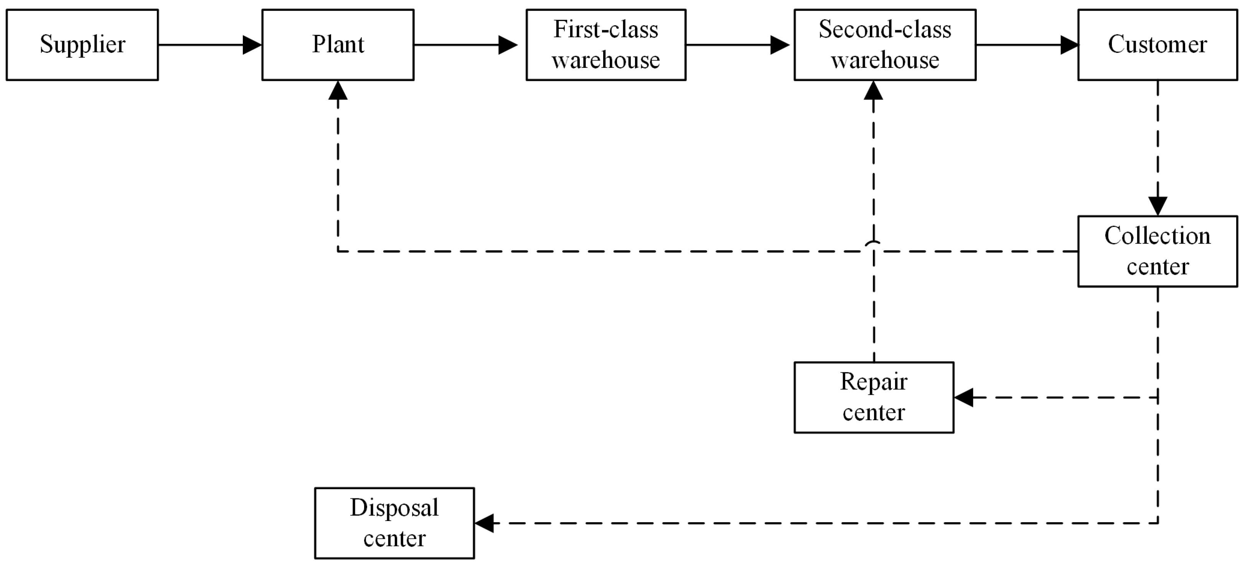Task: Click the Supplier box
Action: (82, 44)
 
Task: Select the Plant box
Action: (338, 44)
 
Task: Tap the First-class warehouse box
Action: (605, 44)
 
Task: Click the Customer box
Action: (1157, 44)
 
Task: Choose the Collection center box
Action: (1157, 251)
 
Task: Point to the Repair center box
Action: (874, 397)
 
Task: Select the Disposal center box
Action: (394, 523)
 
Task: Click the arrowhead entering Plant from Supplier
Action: (252, 45)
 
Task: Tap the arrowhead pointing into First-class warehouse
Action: (508, 45)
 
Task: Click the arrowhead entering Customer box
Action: (1069, 45)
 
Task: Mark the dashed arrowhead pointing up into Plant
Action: (338, 90)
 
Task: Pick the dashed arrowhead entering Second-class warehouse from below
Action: (873, 90)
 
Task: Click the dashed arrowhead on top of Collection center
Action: (1158, 206)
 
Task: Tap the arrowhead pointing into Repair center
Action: (964, 398)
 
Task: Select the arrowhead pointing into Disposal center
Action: (484, 523)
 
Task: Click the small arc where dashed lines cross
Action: (873, 243)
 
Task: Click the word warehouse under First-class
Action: (605, 60)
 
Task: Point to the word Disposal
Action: (394, 508)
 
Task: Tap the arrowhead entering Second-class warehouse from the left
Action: (779, 45)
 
